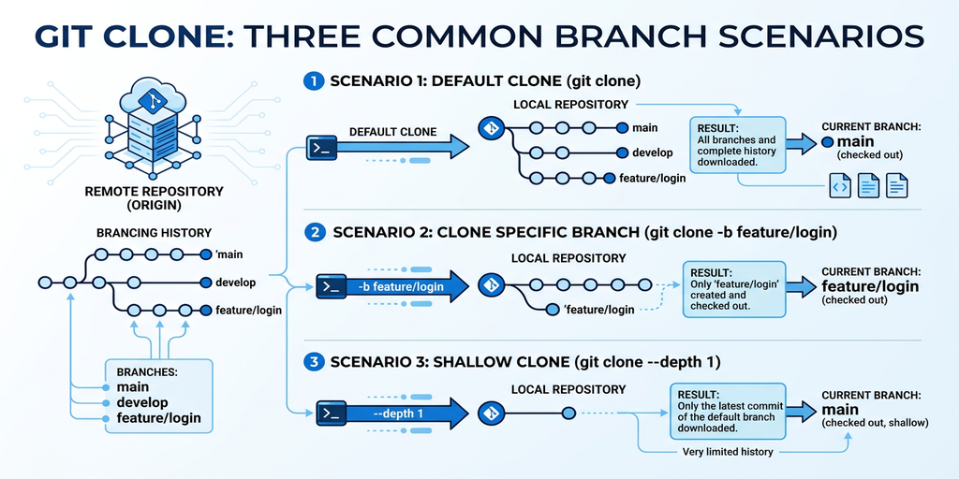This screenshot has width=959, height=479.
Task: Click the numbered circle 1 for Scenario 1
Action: click(x=313, y=81)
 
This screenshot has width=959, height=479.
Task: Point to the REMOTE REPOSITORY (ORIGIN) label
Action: click(x=155, y=197)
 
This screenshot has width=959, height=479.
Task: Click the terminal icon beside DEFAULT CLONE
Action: click(x=322, y=147)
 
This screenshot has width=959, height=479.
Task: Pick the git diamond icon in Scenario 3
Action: click(x=490, y=413)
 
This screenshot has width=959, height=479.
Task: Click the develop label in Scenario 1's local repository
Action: click(x=651, y=152)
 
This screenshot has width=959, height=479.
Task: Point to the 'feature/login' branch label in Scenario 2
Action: click(x=599, y=309)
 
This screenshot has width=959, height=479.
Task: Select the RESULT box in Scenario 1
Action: click(x=733, y=144)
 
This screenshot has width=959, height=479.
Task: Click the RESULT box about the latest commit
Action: click(x=727, y=410)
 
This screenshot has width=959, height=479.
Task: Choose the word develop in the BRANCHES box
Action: click(x=143, y=402)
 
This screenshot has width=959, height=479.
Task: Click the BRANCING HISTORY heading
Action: click(x=154, y=233)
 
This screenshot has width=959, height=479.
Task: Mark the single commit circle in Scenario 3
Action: click(x=568, y=413)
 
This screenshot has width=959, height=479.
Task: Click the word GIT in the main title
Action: click(x=70, y=36)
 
